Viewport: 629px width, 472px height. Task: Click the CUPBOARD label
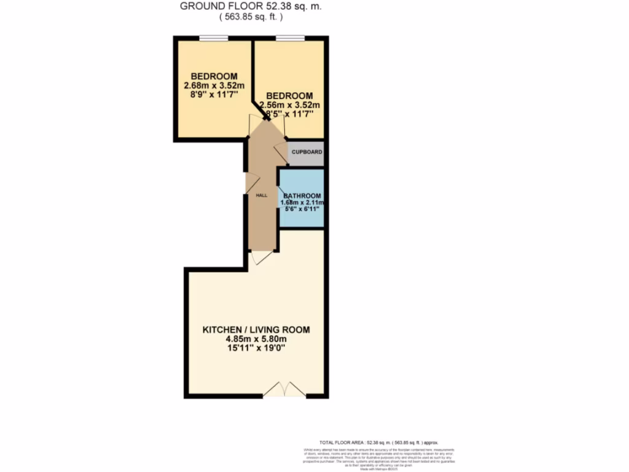pyautogui.click(x=307, y=152)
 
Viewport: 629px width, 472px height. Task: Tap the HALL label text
pyautogui.click(x=262, y=195)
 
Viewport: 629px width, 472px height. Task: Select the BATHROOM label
pyautogui.click(x=303, y=195)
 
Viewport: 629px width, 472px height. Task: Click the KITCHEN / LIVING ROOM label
pyautogui.click(x=256, y=330)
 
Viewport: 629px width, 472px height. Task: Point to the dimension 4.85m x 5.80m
pyautogui.click(x=256, y=339)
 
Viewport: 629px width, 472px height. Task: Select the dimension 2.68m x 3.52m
pyautogui.click(x=214, y=85)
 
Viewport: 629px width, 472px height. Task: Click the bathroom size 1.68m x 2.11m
pyautogui.click(x=302, y=202)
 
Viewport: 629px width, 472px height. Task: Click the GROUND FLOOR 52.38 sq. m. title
pyautogui.click(x=251, y=6)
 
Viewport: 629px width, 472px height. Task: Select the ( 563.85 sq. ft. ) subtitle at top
pyautogui.click(x=251, y=17)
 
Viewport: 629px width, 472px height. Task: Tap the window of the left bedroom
pyautogui.click(x=213, y=39)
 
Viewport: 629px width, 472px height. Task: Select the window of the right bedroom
pyautogui.click(x=290, y=39)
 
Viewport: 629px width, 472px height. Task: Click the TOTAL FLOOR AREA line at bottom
pyautogui.click(x=378, y=442)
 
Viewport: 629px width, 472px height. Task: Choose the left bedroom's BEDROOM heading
pyautogui.click(x=214, y=76)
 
